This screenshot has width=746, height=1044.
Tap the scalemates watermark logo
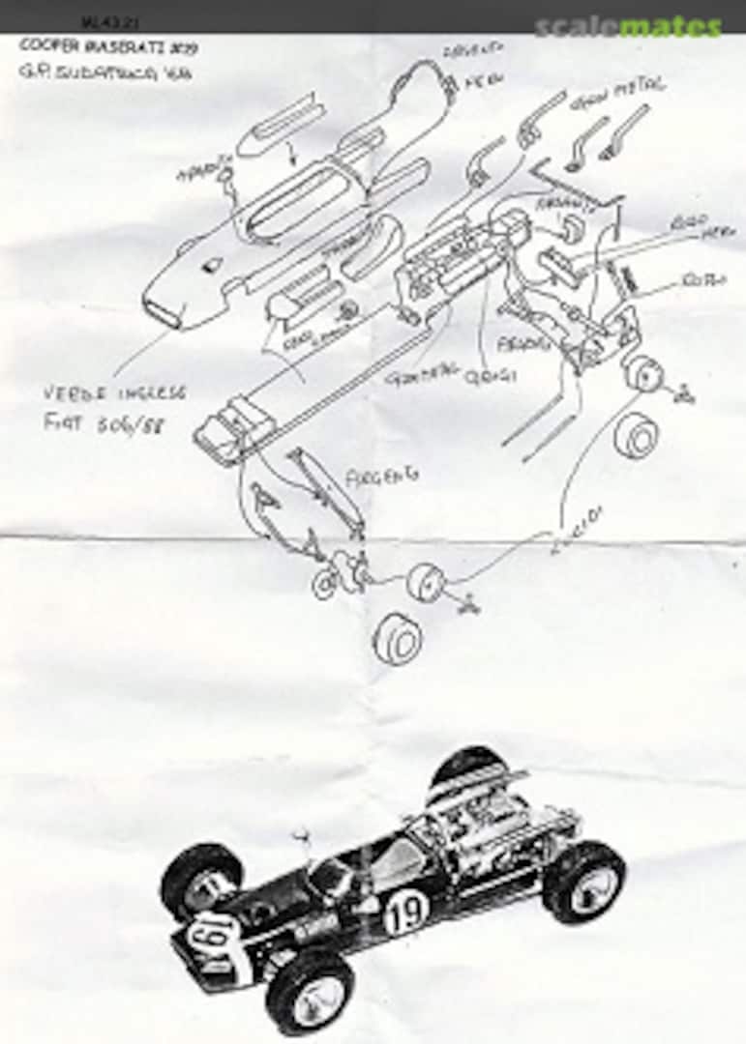tap(628, 27)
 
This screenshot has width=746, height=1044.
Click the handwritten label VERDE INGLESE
tap(114, 393)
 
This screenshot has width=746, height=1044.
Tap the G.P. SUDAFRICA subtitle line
tap(104, 72)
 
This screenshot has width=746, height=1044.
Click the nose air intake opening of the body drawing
tap(165, 311)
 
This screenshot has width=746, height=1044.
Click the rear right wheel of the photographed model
tap(583, 882)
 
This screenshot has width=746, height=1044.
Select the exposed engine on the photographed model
tap(484, 831)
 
